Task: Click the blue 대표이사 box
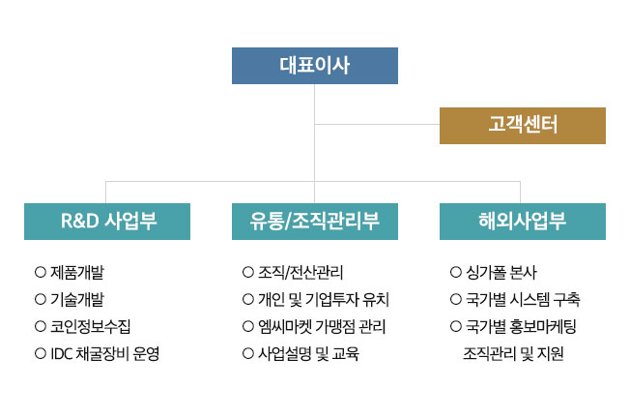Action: click(315, 66)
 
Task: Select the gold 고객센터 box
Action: click(523, 126)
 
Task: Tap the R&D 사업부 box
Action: click(107, 222)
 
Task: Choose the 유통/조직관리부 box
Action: click(315, 222)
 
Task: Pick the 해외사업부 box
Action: click(523, 222)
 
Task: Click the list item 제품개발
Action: click(77, 272)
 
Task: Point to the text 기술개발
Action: click(77, 299)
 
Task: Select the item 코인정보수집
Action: click(91, 326)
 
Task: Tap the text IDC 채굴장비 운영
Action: click(105, 353)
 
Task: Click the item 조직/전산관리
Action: click(301, 272)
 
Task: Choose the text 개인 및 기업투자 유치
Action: click(324, 299)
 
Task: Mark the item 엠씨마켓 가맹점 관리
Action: click(322, 326)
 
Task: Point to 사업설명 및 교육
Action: click(308, 353)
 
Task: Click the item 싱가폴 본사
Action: click(501, 272)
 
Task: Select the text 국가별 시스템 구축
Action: click(523, 299)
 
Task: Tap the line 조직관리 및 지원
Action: click(513, 353)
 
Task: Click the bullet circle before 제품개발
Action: click(41, 272)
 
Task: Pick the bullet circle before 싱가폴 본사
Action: click(456, 272)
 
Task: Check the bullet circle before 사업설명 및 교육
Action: click(248, 353)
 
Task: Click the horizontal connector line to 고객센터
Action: click(377, 124)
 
